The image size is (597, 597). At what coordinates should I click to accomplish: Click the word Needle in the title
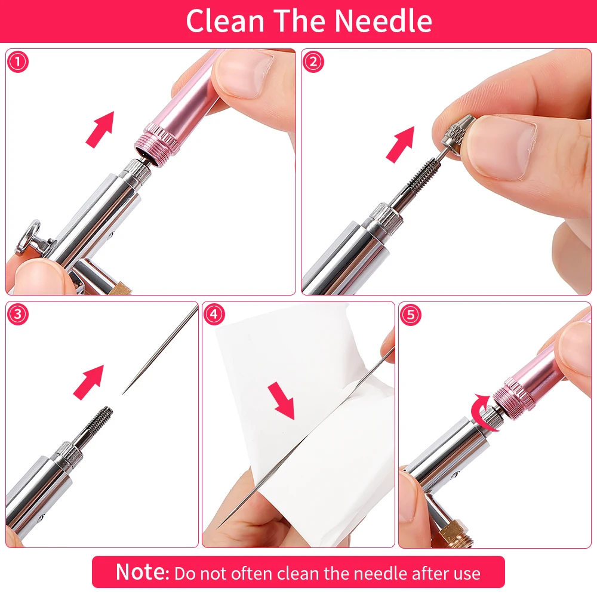[x=383, y=21]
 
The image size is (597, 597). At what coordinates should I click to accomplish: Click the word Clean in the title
[x=224, y=21]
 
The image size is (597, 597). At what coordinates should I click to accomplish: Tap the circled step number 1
[x=18, y=62]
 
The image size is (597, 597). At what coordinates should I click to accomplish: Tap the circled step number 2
[x=313, y=62]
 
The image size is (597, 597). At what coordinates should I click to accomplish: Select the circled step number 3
[x=18, y=315]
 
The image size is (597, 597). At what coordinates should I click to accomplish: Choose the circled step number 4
[x=214, y=315]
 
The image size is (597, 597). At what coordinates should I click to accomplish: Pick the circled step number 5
[x=410, y=315]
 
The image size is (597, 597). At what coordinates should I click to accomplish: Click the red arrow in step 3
[x=88, y=381]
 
